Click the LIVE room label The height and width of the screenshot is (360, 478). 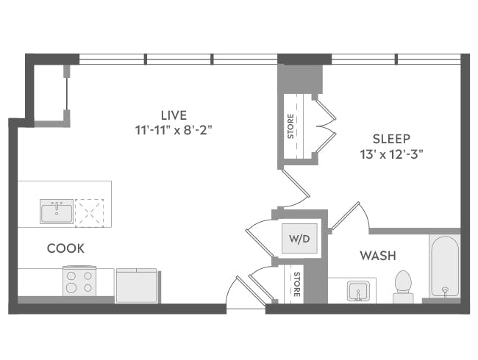[174, 115]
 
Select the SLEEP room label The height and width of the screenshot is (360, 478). [390, 138]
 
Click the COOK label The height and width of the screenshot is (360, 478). [65, 249]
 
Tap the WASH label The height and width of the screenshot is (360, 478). [377, 256]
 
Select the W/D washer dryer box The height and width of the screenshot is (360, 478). [300, 239]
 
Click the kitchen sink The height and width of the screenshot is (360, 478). [57, 212]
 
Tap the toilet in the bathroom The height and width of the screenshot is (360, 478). [403, 287]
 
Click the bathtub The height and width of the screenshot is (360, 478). [445, 266]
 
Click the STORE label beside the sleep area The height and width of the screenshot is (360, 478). [291, 126]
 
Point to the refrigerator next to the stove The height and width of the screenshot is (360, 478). [136, 286]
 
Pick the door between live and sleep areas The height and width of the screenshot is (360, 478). [294, 187]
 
